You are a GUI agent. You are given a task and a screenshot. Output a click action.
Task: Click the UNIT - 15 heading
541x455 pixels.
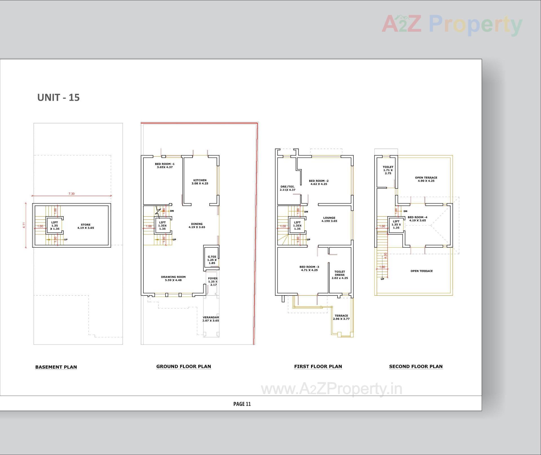58,98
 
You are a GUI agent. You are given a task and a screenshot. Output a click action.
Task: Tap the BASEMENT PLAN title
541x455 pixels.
56,367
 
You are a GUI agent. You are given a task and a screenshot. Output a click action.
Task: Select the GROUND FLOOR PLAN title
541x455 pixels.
183,366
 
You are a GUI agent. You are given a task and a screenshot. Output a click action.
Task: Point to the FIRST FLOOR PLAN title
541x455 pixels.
318,366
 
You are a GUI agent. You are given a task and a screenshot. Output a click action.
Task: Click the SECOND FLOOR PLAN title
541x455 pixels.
416,366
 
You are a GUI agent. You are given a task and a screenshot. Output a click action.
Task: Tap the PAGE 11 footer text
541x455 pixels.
242,404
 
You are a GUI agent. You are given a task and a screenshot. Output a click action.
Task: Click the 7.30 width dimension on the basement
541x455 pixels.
72,194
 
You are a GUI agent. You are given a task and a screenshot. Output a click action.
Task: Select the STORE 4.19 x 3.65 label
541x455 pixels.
86,226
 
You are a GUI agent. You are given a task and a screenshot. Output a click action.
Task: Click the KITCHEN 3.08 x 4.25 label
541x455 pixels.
200,182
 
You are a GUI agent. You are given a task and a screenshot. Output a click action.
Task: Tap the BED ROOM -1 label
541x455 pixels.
165,165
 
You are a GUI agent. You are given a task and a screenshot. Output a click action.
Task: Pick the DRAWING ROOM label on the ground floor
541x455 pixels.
173,278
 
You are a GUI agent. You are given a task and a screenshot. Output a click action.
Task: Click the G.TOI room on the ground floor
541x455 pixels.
212,260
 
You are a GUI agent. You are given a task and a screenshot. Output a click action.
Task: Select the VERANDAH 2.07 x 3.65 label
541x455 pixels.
211,319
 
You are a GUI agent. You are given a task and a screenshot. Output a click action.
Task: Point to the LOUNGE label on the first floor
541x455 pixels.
329,219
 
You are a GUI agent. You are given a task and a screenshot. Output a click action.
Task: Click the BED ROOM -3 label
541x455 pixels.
309,268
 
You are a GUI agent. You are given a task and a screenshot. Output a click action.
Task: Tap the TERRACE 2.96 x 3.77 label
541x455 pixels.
341,317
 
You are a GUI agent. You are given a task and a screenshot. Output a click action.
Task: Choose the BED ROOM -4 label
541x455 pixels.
417,219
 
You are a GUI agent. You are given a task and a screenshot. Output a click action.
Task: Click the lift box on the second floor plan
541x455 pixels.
396,225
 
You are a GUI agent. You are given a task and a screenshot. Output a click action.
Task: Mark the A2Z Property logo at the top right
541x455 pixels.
452,25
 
